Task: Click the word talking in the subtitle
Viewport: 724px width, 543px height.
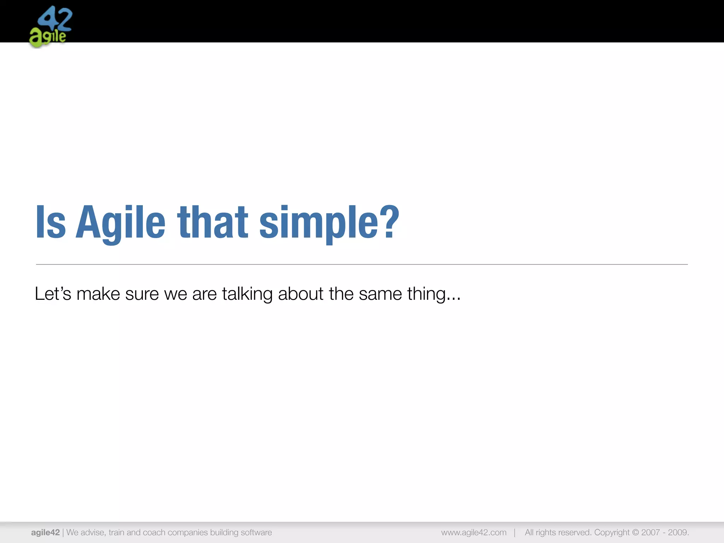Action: coord(247,294)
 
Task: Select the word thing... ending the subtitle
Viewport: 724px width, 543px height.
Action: coord(434,294)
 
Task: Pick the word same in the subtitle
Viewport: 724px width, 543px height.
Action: coord(380,294)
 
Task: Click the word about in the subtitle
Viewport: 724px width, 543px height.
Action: coord(300,294)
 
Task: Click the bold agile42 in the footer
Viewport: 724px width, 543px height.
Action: coord(45,532)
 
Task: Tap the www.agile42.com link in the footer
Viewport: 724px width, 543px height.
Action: coord(474,532)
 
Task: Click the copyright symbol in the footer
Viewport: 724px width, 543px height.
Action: coord(635,532)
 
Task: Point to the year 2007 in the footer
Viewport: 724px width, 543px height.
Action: coord(651,532)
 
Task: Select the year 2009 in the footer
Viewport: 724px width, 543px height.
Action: coord(678,532)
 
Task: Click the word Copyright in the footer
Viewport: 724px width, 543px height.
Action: coord(612,532)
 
